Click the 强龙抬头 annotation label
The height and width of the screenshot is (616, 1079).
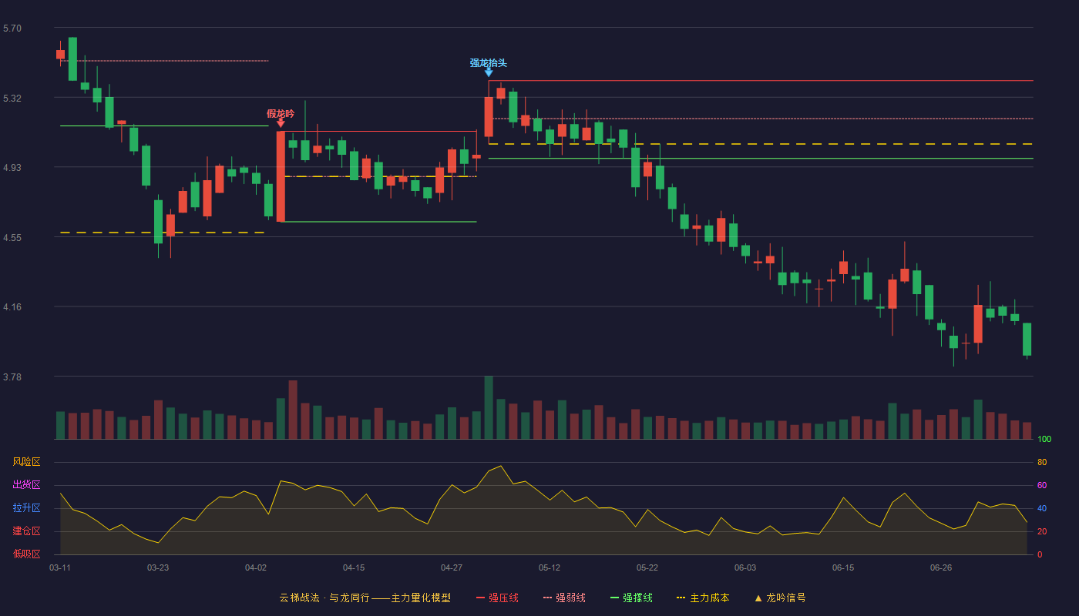point(488,63)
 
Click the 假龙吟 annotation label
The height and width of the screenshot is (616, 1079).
point(281,114)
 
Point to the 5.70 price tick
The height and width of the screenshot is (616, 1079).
point(12,28)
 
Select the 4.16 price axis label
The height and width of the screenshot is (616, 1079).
point(12,307)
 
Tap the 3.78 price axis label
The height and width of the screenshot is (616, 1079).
point(12,377)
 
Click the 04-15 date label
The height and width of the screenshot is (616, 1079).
point(354,568)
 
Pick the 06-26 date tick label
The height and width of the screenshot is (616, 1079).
point(941,568)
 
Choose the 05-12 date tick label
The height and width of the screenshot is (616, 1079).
point(549,568)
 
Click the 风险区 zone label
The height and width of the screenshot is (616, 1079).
point(26,462)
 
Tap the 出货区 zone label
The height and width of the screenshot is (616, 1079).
point(26,484)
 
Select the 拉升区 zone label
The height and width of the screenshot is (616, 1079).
point(26,507)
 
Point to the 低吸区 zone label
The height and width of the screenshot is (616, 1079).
point(26,554)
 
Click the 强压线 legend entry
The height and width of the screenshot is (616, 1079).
point(497,598)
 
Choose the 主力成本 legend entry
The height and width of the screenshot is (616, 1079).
point(703,598)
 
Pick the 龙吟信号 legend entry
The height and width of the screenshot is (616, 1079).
point(780,598)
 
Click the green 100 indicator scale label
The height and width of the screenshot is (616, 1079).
point(1044,439)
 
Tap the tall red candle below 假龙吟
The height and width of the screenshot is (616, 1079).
point(281,176)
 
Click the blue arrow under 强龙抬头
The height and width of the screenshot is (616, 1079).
point(489,72)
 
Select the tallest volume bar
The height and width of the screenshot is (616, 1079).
point(489,407)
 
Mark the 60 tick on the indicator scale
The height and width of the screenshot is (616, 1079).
point(1042,485)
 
